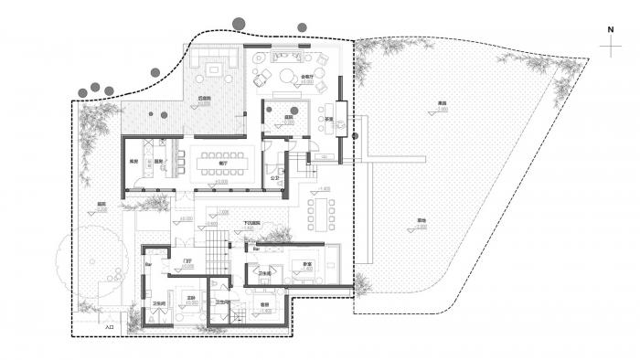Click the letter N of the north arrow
610,28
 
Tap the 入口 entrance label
109,325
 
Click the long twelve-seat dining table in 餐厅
219,162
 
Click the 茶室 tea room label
326,118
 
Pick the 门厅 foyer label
188,261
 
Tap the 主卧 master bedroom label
192,298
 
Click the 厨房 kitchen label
157,164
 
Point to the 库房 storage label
132,164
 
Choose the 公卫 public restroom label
273,178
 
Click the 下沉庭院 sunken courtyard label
252,223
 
